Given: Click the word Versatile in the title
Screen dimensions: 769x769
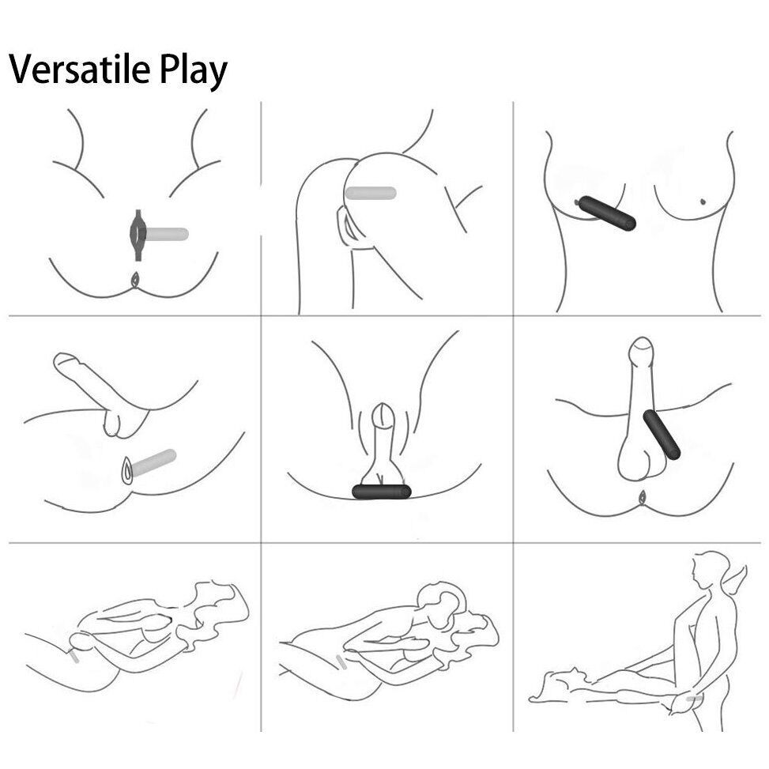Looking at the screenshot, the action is pos(80,68).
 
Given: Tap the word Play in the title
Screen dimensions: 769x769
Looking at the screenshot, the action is pos(193,72).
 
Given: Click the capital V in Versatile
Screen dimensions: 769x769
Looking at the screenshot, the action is pos(22,69).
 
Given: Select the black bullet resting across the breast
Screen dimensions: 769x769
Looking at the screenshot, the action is pos(607,213).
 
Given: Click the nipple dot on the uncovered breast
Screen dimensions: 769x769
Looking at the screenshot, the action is pos(703,201).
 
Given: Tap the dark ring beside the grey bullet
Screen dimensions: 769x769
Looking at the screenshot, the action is pos(138,235).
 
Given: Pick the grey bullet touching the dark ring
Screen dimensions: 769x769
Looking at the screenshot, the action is pos(167,235).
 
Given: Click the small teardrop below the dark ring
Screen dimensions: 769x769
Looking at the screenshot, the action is pos(135,280).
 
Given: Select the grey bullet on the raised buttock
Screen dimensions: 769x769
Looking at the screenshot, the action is pos(371,193).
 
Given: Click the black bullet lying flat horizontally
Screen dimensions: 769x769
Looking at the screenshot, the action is pos(382,492).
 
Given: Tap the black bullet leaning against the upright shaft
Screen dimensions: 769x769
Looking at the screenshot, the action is pos(662,435).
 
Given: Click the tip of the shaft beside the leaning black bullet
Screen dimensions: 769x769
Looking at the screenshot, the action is pos(642,338).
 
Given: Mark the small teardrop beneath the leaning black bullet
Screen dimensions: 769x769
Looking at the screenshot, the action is pos(641,497).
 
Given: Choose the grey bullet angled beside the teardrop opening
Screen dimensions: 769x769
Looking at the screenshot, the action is pos(153,462).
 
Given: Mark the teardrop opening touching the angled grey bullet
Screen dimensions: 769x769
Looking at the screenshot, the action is pos(127,470).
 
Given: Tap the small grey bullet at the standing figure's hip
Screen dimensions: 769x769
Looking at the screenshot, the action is pos(695,698).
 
